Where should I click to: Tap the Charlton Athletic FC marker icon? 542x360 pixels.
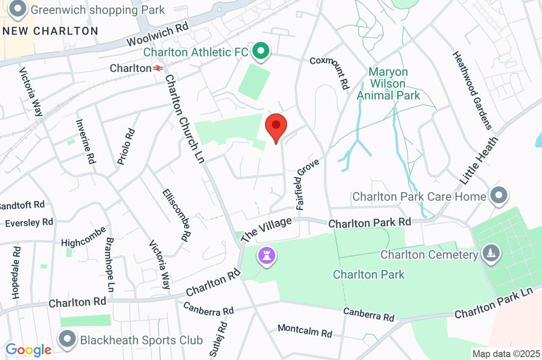point(260,51)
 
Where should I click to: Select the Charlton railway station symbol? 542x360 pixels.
point(158,68)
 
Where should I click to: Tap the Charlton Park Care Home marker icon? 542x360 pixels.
point(499,196)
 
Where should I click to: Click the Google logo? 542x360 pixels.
point(28,349)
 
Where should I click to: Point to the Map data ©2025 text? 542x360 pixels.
point(506,354)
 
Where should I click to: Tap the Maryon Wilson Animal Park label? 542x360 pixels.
point(388,84)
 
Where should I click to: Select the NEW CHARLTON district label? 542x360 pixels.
point(50,31)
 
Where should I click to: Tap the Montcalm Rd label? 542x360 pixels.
point(304,331)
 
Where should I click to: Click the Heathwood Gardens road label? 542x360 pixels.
point(472,90)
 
